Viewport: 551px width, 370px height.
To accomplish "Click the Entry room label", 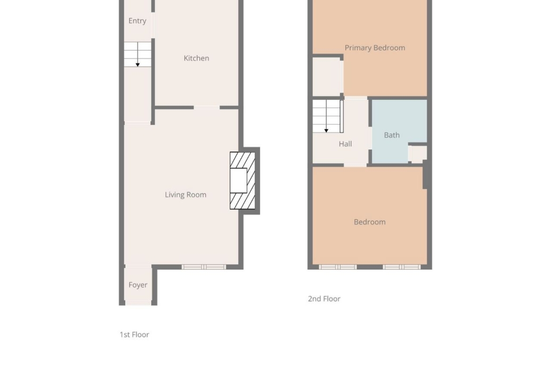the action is pos(138,21).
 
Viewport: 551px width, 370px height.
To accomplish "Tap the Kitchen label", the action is pos(196,58).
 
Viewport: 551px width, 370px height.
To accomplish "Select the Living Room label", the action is pos(186,195).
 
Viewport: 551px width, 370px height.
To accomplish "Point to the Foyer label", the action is pos(138,285).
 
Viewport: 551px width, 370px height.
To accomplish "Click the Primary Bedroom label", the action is pos(375,48).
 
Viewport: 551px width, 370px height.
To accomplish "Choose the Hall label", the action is pos(345,144).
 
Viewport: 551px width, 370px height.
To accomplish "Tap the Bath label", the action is pos(392,135).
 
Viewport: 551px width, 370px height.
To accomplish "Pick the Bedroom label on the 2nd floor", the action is pos(370,222).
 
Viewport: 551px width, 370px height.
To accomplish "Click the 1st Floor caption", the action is pos(135,335).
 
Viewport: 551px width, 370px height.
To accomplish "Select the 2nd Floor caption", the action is pos(324,299).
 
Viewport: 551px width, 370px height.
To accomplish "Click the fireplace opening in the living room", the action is pos(239,181).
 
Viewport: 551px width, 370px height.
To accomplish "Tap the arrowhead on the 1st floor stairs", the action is pos(138,65).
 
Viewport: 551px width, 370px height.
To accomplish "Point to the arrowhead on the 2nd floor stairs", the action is pos(326,131).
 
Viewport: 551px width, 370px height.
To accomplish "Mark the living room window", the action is pos(204,267).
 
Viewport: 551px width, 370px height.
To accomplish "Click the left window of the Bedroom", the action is pos(338,267).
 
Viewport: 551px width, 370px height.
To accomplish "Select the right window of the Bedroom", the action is pos(402,267).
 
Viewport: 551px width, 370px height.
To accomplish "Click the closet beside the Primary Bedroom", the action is pos(326,77).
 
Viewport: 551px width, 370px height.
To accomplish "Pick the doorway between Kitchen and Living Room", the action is pos(207,107).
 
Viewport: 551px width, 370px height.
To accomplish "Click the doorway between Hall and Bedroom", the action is pos(355,165).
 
